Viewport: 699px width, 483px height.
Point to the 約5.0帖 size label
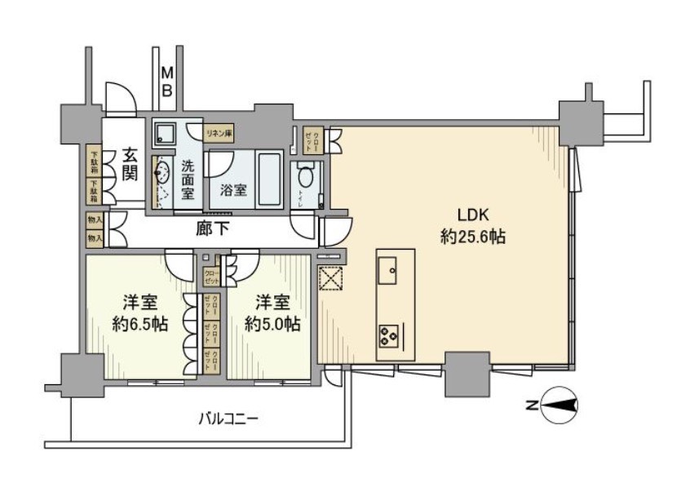click(x=272, y=324)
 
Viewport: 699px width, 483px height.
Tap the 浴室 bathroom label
click(x=233, y=191)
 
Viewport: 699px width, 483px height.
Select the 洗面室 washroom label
click(x=188, y=177)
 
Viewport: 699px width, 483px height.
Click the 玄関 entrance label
click(x=129, y=162)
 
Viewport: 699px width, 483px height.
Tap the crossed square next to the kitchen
click(x=331, y=279)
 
